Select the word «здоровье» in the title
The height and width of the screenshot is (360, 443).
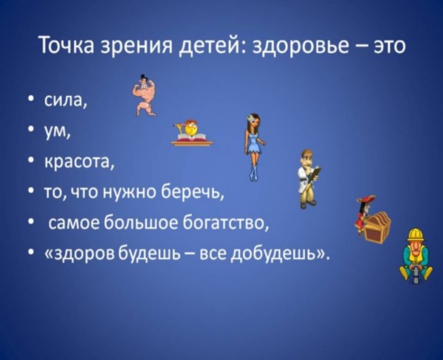click(x=300, y=46)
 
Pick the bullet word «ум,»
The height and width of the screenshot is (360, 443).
click(x=57, y=132)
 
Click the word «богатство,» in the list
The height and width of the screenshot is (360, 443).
click(x=225, y=224)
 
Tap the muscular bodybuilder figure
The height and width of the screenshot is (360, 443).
click(x=145, y=95)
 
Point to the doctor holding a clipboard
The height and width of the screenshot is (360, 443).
click(x=309, y=179)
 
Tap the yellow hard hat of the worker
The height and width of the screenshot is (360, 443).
click(x=416, y=234)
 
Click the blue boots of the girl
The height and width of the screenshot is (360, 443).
click(x=253, y=173)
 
